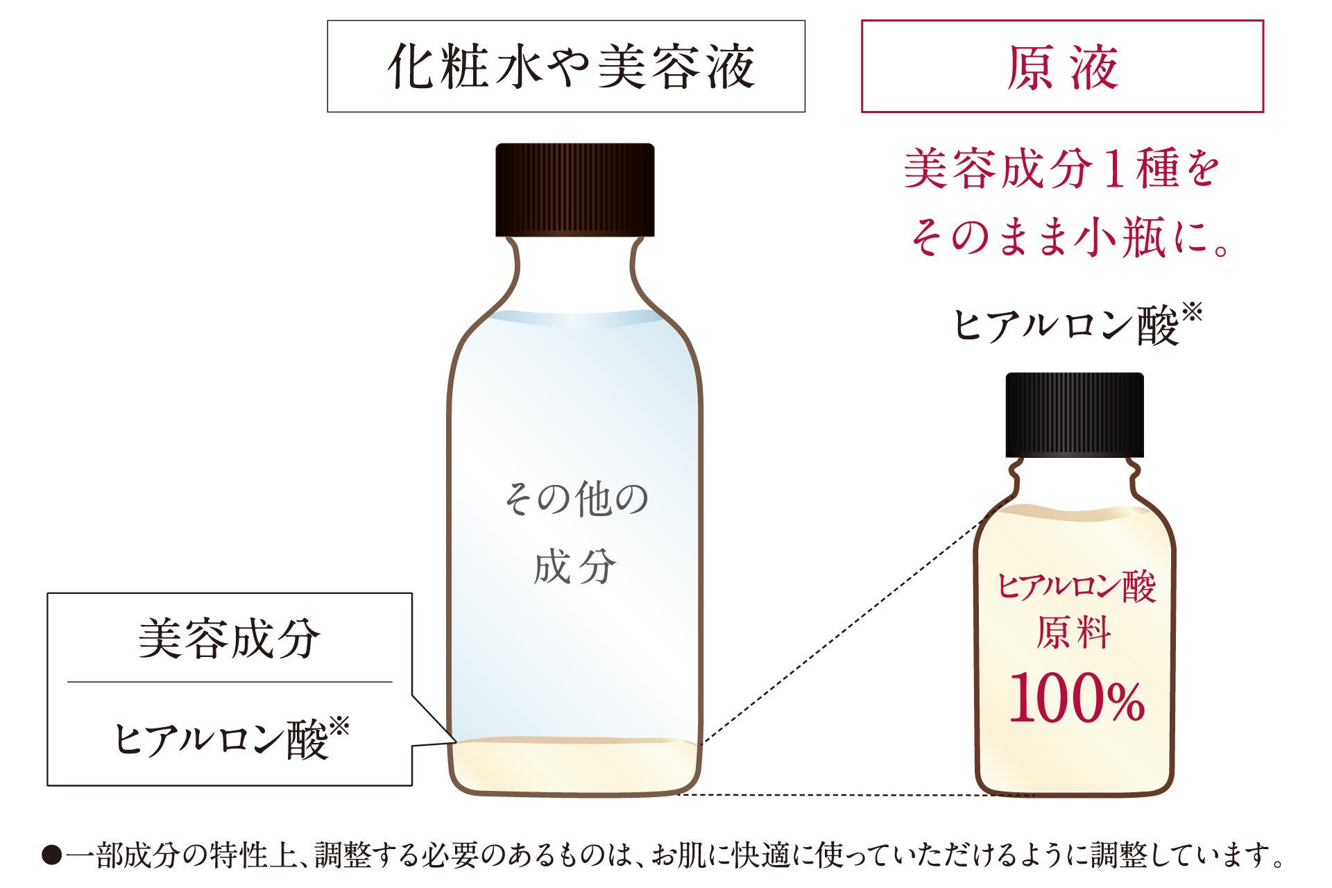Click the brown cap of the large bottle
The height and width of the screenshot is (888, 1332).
coord(574,189)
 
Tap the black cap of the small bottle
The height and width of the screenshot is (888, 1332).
coord(1074,414)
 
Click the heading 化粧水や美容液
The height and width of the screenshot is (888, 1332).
coord(570,67)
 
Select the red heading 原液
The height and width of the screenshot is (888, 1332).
coord(1062,67)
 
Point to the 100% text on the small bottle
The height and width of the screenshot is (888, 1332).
coord(1076,697)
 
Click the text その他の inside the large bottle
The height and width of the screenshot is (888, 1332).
coord(575,499)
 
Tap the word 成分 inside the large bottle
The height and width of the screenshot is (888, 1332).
coord(574,567)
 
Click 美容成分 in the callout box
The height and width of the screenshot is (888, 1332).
coord(229,638)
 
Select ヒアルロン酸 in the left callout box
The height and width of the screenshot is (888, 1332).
coord(220,740)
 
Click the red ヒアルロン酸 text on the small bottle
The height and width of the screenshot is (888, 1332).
coord(1076,587)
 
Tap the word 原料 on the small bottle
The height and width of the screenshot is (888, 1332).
coord(1074,633)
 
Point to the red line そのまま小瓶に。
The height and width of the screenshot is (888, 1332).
coord(1068,238)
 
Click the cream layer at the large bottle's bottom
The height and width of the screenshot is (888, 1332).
coord(574,767)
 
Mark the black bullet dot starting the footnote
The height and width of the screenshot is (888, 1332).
coord(51,855)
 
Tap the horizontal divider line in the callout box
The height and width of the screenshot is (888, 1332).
coord(229,682)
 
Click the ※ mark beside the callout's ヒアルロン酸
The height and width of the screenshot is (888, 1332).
coord(339,727)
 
